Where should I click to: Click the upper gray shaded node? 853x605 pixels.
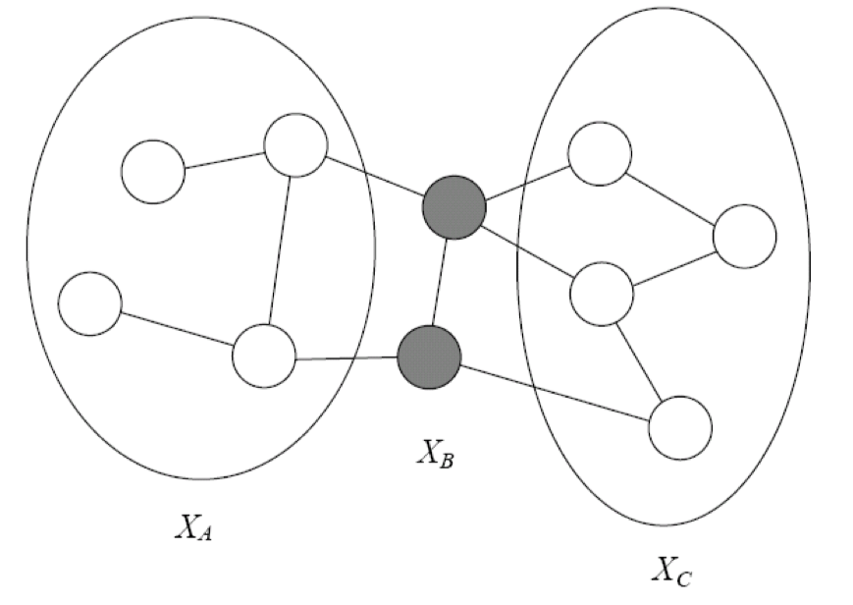[454, 207]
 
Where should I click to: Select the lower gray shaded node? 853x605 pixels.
[429, 357]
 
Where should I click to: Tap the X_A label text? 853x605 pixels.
[193, 527]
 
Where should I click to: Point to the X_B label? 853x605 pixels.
[435, 453]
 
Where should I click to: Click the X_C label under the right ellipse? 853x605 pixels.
[671, 572]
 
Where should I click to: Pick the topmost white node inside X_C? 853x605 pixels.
[600, 153]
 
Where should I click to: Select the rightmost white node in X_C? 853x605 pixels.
[744, 237]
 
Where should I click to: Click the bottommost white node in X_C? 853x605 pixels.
[680, 427]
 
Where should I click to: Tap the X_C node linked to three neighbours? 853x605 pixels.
[602, 294]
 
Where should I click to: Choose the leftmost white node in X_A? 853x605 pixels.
[89, 303]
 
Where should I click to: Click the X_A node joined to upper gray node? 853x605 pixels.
[295, 144]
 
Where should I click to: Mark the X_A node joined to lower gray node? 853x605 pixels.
[264, 356]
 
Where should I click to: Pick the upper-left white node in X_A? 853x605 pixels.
[153, 172]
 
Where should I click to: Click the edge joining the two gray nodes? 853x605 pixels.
[440, 282]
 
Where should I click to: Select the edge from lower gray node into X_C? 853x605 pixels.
[555, 393]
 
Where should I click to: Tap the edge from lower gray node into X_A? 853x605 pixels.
[347, 358]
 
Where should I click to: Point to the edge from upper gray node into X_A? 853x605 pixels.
[374, 176]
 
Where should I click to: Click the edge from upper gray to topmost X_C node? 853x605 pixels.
[526, 183]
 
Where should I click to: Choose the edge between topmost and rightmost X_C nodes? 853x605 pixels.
[670, 197]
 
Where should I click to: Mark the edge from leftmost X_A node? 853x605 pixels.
[178, 328]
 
